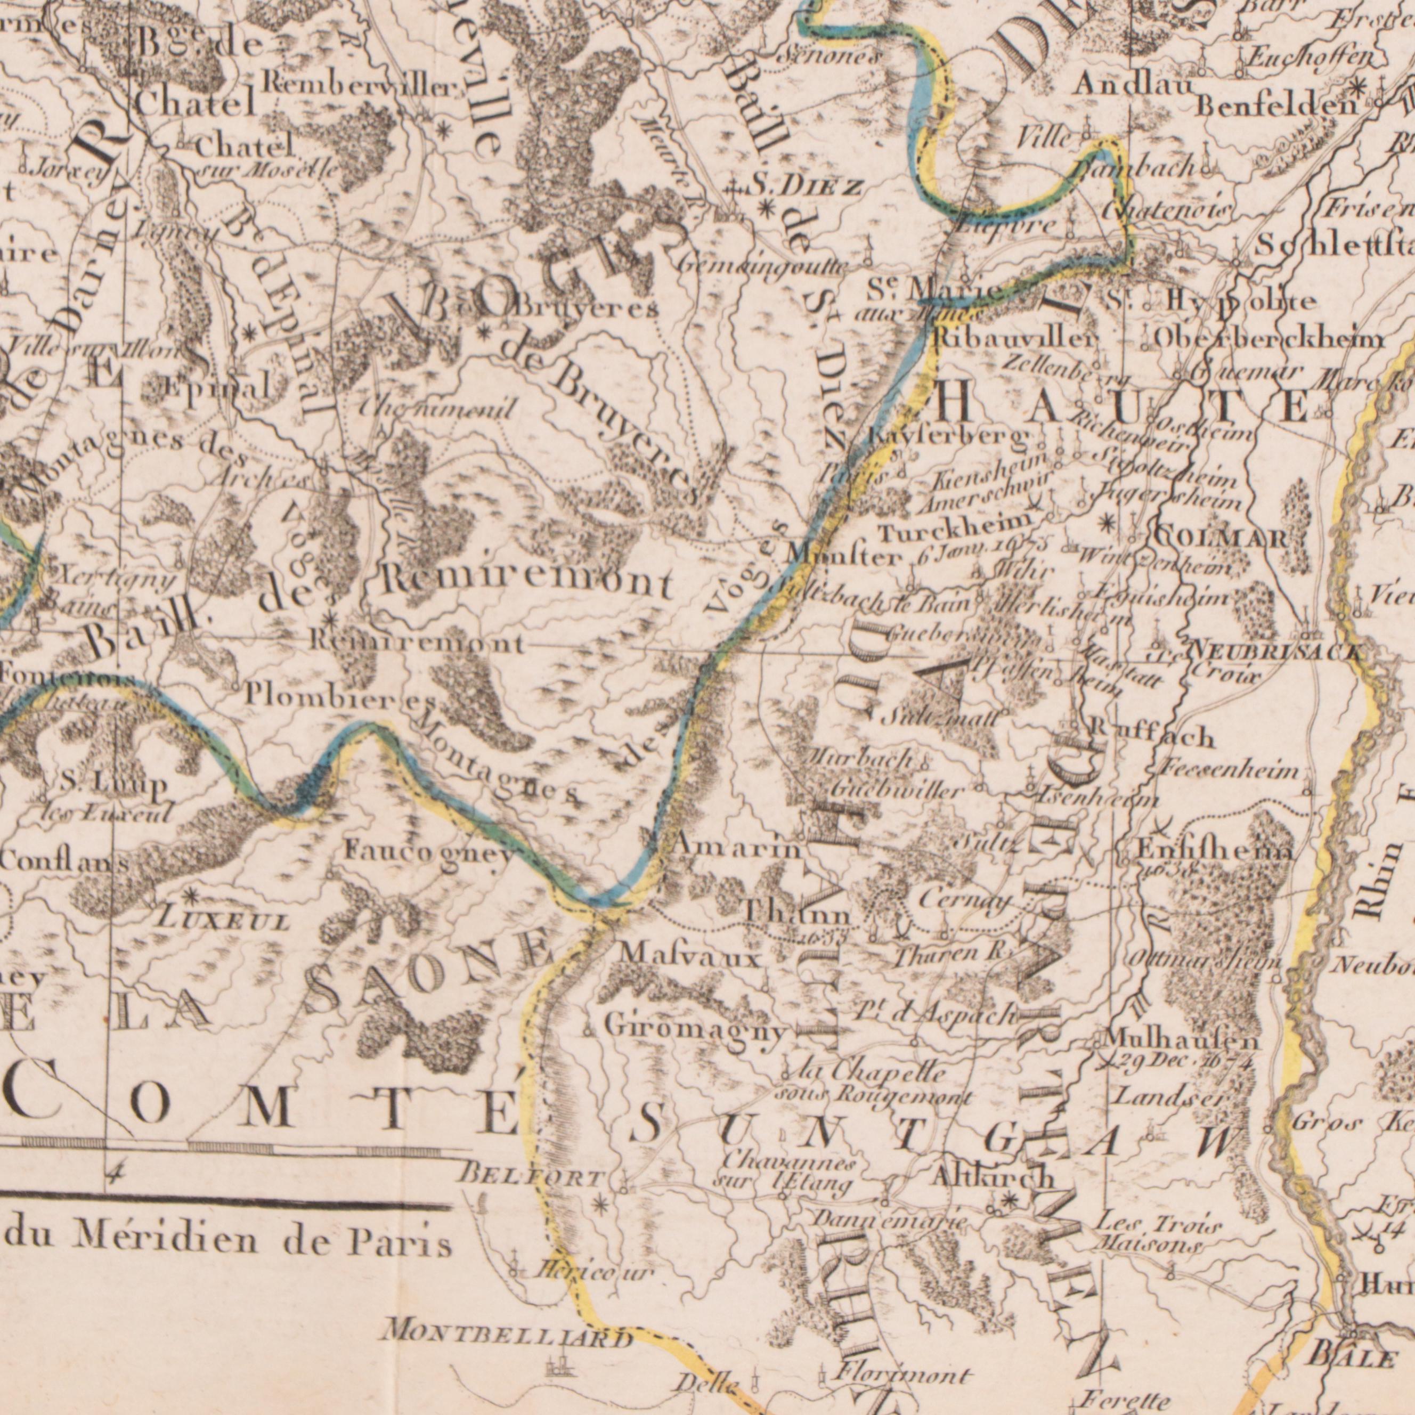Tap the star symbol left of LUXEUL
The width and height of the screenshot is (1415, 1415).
[190, 896]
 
